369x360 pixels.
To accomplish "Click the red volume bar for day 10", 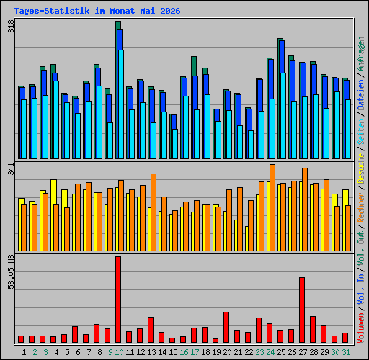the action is (118, 300).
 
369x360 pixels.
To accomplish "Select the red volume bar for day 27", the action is (302, 310).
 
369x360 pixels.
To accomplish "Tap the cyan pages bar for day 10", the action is (121, 104).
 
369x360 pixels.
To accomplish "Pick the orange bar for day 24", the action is (272, 207).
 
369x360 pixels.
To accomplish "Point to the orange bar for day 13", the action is (154, 212).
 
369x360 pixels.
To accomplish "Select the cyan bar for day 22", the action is (251, 145).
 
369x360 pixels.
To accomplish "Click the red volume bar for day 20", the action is (226, 327).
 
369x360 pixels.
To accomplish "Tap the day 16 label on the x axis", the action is (184, 352).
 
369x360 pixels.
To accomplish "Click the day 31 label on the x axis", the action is (346, 352).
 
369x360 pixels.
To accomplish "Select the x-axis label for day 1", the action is (24, 352).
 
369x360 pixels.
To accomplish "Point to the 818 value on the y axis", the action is (11, 27).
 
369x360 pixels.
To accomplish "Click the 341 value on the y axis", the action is (11, 169).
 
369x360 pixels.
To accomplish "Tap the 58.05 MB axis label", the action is (11, 272).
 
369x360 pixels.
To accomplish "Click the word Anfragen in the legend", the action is (361, 54).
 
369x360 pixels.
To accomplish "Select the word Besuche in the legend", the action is (361, 168).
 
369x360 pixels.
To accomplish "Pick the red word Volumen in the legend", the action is (361, 328).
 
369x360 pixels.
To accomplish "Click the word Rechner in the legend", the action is (361, 207).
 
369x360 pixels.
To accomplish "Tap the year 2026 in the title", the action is (170, 11).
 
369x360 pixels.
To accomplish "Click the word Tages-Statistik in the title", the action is (52, 11).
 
